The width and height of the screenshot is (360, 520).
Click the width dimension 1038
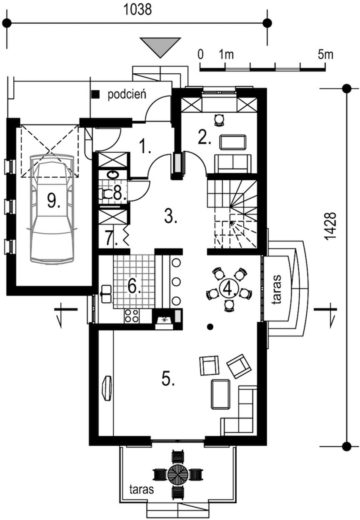pyautogui.click(x=138, y=10)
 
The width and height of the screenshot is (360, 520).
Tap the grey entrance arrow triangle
pyautogui.click(x=160, y=47)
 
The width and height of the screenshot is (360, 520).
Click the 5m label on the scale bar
pyautogui.click(x=325, y=55)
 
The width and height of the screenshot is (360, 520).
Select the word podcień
pyautogui.click(x=127, y=95)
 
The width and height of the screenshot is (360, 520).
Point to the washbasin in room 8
pyautogui.click(x=113, y=175)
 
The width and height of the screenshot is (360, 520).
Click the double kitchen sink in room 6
pyautogui.click(x=106, y=294)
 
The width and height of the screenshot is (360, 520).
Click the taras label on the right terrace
pyautogui.click(x=277, y=289)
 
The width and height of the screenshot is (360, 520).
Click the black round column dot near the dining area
pyautogui.click(x=210, y=327)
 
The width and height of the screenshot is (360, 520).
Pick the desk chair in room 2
pyautogui.click(x=219, y=120)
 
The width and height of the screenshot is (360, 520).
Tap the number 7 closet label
pyautogui.click(x=112, y=238)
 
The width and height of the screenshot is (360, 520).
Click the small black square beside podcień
pyautogui.click(x=96, y=94)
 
